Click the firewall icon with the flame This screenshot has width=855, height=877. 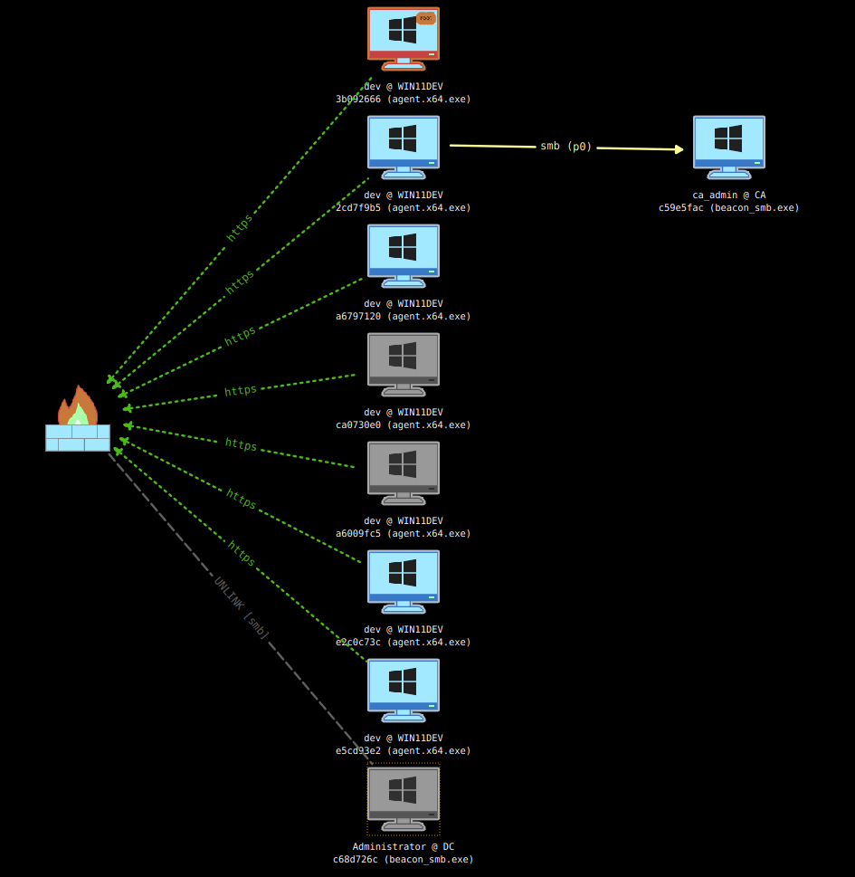point(78,420)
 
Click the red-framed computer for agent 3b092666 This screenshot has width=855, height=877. point(404,38)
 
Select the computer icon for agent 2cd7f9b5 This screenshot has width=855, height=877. point(404,146)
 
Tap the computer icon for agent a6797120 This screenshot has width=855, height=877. point(404,254)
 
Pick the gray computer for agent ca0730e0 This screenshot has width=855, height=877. point(404,363)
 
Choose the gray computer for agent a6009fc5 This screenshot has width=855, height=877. point(404,472)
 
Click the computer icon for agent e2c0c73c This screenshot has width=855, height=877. point(404,580)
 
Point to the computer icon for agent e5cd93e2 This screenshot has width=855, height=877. point(404,689)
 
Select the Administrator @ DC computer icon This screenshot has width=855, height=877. point(404,797)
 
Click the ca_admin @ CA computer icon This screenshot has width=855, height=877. point(729,146)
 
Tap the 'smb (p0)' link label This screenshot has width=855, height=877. point(565,147)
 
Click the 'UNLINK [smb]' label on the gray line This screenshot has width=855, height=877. point(242,608)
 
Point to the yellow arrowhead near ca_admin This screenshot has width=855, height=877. point(679,149)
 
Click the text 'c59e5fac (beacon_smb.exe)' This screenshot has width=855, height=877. point(728,208)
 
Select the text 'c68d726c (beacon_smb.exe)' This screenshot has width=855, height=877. point(403,860)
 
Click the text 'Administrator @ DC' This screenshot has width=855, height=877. point(403,847)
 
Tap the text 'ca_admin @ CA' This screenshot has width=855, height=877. point(728,195)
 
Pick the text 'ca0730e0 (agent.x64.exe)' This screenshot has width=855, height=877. point(403,425)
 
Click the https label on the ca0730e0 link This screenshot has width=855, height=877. point(241,391)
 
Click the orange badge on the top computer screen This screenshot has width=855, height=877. point(425,18)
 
